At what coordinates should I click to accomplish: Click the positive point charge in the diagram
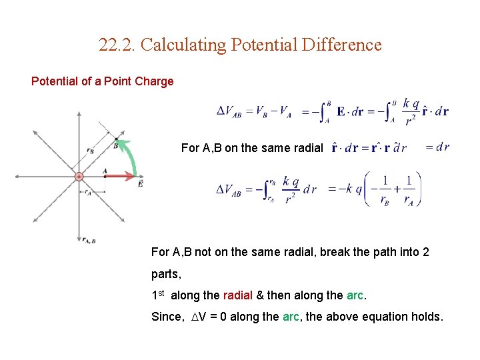pyautogui.click(x=79, y=177)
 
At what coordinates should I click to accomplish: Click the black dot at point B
pyautogui.click(x=117, y=140)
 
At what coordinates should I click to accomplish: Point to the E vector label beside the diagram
pyautogui.click(x=140, y=184)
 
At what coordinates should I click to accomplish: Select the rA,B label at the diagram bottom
pyautogui.click(x=89, y=240)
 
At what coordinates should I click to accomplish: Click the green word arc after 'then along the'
pyautogui.click(x=355, y=295)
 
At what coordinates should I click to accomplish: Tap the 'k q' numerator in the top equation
pyautogui.click(x=411, y=104)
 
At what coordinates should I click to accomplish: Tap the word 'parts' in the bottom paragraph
pyautogui.click(x=166, y=274)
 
